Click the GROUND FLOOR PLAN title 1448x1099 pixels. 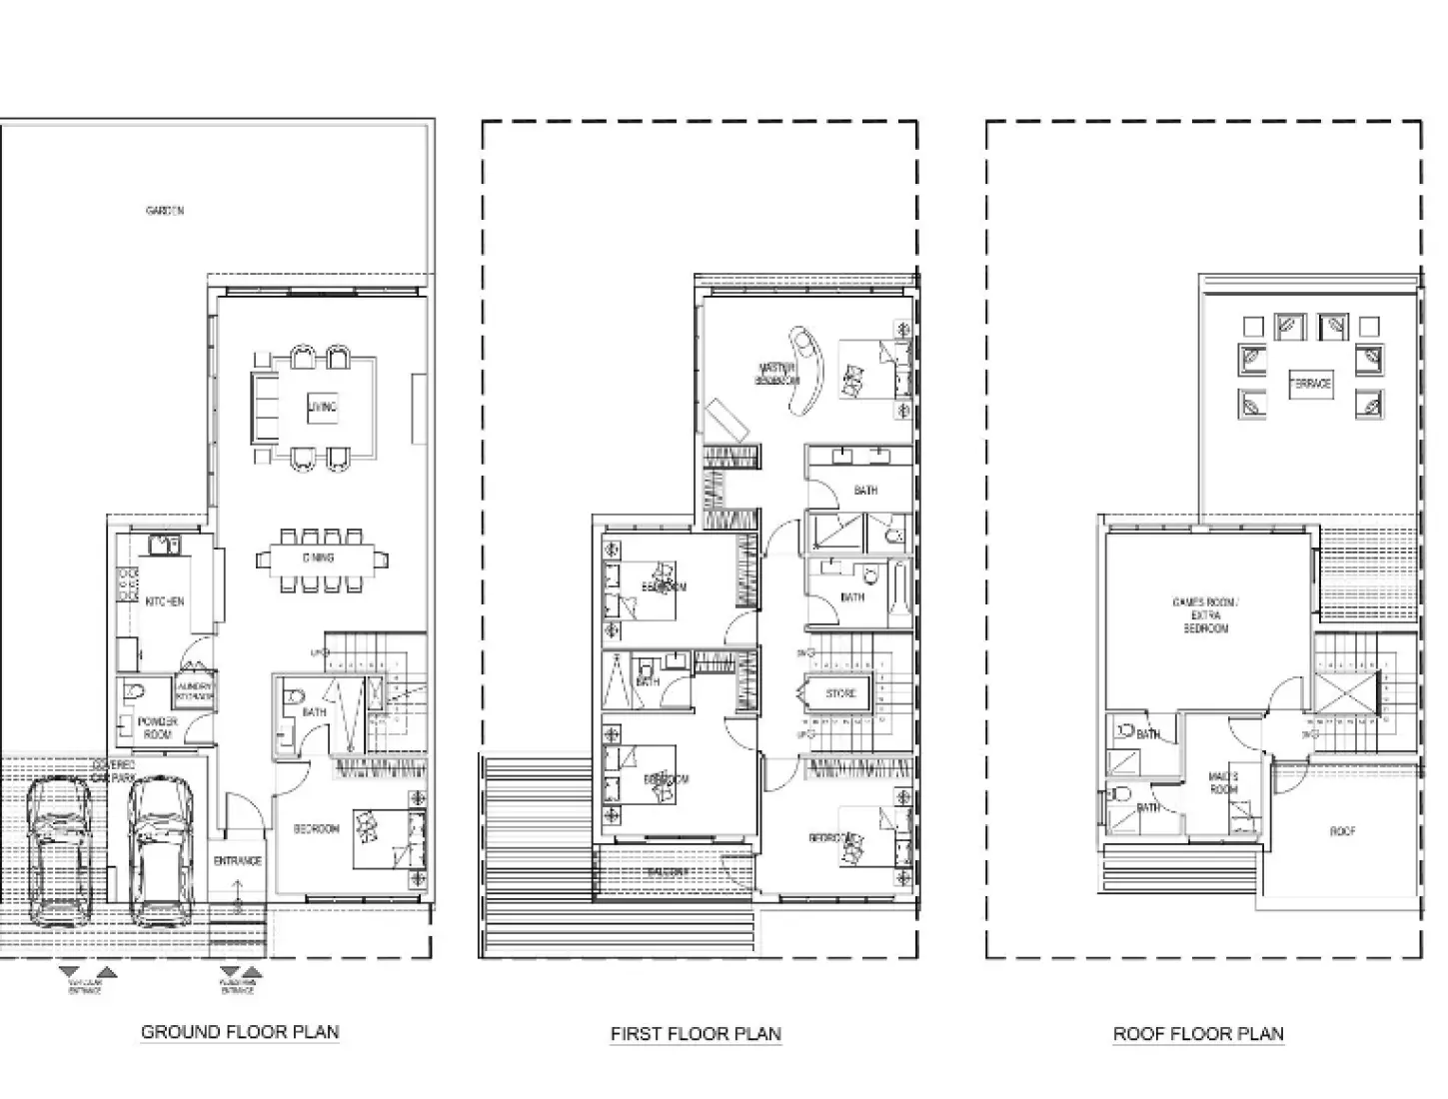coord(240,1032)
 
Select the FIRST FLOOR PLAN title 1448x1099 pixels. coord(696,1034)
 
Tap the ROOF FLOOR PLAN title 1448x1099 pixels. coord(1198,1034)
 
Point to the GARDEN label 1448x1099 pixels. coord(165,211)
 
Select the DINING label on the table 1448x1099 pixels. coord(319,558)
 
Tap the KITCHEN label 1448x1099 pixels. coord(165,601)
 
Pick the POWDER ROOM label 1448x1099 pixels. coord(158,727)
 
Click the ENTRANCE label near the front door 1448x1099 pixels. coord(238,860)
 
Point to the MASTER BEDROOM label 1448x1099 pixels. coord(776,375)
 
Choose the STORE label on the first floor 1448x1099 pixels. coord(840,692)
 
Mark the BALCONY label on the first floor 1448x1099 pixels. coord(667,871)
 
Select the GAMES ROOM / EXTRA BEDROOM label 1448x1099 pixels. coord(1205,615)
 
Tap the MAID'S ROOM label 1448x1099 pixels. coord(1224,782)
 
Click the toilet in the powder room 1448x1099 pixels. coord(132,690)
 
